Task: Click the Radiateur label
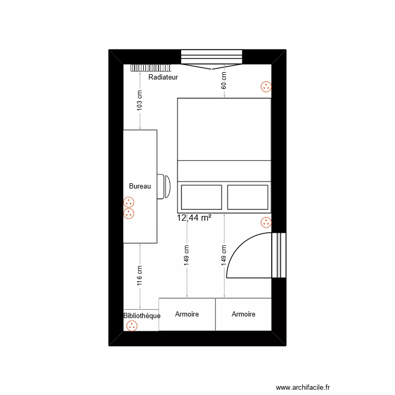coord(163,77)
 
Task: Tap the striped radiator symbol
coord(152,67)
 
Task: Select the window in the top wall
coord(211,57)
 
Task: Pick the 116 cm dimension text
coord(140,275)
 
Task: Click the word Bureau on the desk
coord(140,186)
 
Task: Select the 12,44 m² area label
coord(194,217)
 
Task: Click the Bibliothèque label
coord(142,316)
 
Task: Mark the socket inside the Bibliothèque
coord(132,326)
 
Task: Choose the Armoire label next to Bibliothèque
coord(187,314)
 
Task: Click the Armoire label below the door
coord(243,314)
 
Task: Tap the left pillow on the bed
coord(201,197)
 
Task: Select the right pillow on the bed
coord(248,197)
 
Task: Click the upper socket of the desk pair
coord(129,202)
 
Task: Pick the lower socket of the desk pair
coord(129,213)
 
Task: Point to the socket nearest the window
coord(266,87)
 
